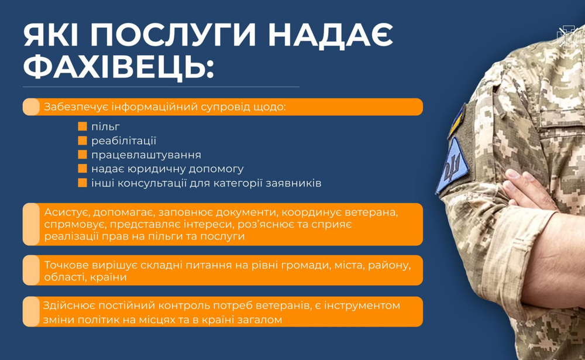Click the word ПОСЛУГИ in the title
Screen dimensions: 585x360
(x=173, y=35)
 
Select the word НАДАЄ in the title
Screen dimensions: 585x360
(x=330, y=35)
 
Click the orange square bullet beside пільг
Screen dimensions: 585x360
(x=82, y=126)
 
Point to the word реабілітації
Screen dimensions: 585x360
(x=123, y=141)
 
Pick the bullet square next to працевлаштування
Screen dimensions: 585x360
(x=82, y=154)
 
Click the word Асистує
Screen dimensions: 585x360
(x=67, y=212)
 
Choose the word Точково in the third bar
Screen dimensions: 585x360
(x=67, y=265)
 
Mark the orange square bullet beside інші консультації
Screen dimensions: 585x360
(x=82, y=183)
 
